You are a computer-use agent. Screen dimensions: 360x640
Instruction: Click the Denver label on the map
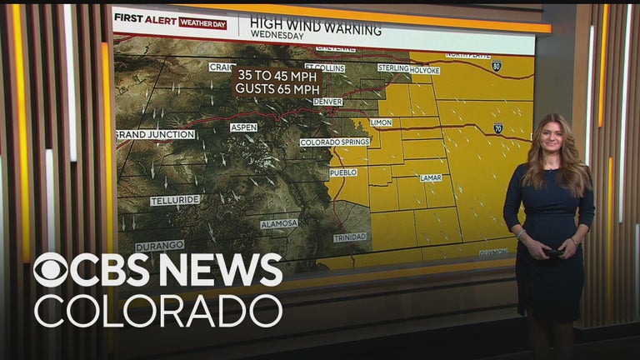coord(327,102)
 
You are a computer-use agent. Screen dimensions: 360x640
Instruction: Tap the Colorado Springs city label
coord(335,142)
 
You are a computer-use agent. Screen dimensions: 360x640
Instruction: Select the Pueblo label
coord(342,172)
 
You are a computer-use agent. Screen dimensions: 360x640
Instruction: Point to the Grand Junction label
coord(155,134)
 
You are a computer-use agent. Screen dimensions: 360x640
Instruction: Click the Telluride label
coord(175,201)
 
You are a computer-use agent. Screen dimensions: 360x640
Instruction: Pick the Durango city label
coord(160,246)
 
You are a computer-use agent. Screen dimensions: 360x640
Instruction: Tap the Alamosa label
coord(278,224)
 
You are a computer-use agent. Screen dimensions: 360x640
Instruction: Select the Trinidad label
coord(349,237)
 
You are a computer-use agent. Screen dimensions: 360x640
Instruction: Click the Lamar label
coord(431,177)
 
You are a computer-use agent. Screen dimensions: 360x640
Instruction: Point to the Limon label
coord(381,122)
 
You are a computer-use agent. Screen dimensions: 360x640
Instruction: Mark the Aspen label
coord(243,127)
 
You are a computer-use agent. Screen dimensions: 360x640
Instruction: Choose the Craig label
coord(222,67)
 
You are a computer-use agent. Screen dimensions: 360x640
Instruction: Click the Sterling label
coord(393,67)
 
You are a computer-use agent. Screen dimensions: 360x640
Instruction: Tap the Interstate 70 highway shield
coord(497,128)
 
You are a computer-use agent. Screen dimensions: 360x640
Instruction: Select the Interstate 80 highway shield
coord(497,65)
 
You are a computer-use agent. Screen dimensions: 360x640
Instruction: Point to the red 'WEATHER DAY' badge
coord(202,24)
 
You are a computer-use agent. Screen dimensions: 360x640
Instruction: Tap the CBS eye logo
coord(51,271)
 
